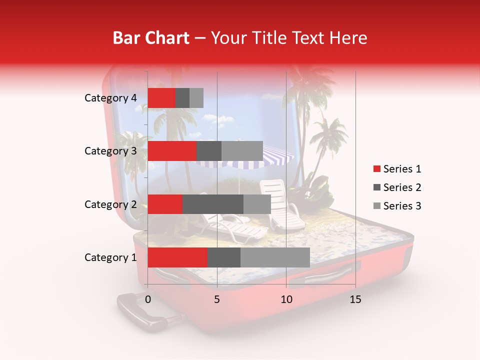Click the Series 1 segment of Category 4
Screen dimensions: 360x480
click(161, 98)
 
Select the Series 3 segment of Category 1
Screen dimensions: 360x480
click(275, 257)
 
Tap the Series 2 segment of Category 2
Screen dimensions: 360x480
click(212, 204)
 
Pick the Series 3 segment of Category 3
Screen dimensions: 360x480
click(242, 151)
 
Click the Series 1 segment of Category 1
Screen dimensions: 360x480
click(177, 257)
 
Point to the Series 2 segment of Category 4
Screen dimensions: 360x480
click(182, 98)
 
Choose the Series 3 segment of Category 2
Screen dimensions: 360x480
click(257, 204)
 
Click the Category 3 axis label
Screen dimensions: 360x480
click(110, 151)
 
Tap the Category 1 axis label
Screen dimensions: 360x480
click(110, 257)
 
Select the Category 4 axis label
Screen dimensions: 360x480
click(110, 98)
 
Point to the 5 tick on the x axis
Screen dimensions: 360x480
click(217, 299)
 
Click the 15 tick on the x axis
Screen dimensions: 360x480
click(355, 299)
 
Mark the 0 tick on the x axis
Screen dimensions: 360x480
click(148, 299)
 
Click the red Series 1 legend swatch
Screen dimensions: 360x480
click(376, 169)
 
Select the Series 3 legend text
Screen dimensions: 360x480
click(402, 206)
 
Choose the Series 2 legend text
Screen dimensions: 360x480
click(402, 187)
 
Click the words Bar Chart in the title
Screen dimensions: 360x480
click(151, 38)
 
